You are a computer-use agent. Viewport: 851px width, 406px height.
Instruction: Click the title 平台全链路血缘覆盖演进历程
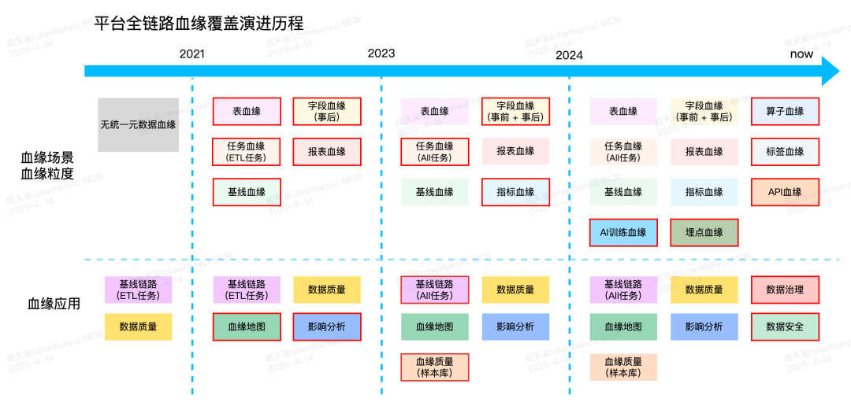pyautogui.click(x=198, y=23)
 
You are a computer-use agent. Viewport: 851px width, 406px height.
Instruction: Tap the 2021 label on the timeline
pyautogui.click(x=192, y=54)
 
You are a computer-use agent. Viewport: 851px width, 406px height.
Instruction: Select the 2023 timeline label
pyautogui.click(x=381, y=54)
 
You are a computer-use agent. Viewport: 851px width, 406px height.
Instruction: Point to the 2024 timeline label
pyautogui.click(x=569, y=54)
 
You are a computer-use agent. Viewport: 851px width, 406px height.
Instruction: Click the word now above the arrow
pyautogui.click(x=801, y=54)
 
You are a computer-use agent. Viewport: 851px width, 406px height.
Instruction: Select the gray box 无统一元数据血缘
pyautogui.click(x=139, y=124)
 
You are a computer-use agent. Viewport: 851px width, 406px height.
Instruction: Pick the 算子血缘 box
pyautogui.click(x=785, y=112)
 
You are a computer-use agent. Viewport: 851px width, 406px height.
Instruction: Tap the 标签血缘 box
pyautogui.click(x=785, y=152)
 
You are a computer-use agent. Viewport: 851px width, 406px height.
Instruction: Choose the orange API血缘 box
pyautogui.click(x=785, y=192)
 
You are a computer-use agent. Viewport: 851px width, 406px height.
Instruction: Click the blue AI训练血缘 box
pyautogui.click(x=623, y=232)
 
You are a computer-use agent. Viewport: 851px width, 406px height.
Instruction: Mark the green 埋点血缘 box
pyautogui.click(x=704, y=232)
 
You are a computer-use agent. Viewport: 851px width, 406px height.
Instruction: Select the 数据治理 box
pyautogui.click(x=785, y=290)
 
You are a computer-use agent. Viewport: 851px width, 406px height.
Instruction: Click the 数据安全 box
pyautogui.click(x=785, y=327)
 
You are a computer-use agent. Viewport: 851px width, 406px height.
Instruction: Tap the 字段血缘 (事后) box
pyautogui.click(x=327, y=112)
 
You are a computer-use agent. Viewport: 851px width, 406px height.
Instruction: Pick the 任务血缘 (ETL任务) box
pyautogui.click(x=247, y=152)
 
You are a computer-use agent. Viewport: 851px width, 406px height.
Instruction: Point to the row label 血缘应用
pyautogui.click(x=54, y=304)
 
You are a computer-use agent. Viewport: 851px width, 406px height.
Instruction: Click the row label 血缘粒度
pyautogui.click(x=47, y=174)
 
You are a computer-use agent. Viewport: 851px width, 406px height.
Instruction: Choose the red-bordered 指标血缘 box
pyautogui.click(x=515, y=192)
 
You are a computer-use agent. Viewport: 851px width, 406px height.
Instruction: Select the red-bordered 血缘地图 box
pyautogui.click(x=247, y=327)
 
